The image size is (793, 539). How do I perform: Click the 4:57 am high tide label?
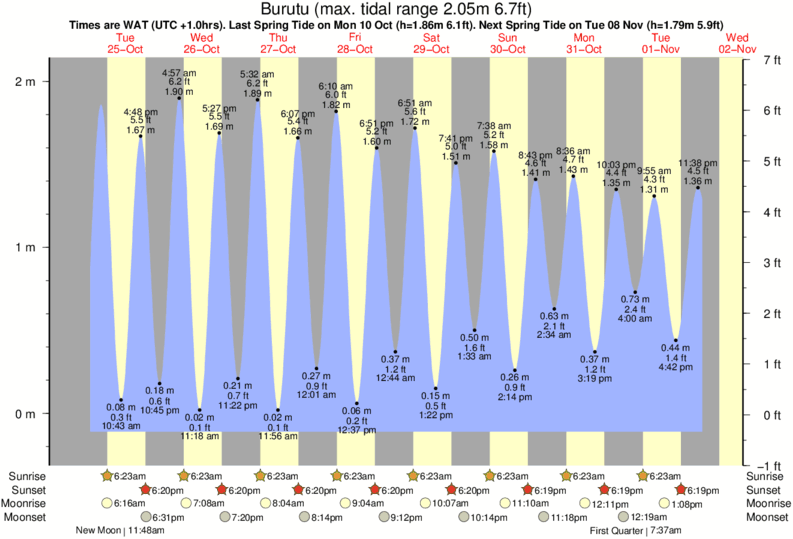pos(179,73)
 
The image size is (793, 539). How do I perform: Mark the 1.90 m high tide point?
pos(179,99)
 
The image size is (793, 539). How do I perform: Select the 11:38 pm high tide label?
pos(696,163)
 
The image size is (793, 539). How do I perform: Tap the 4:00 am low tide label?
pos(635,318)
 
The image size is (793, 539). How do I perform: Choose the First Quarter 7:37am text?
pos(636,531)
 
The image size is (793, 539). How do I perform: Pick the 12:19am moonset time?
pos(647,517)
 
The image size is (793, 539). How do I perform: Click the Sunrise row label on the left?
pos(29,475)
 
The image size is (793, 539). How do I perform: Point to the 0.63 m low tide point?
pos(554,308)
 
